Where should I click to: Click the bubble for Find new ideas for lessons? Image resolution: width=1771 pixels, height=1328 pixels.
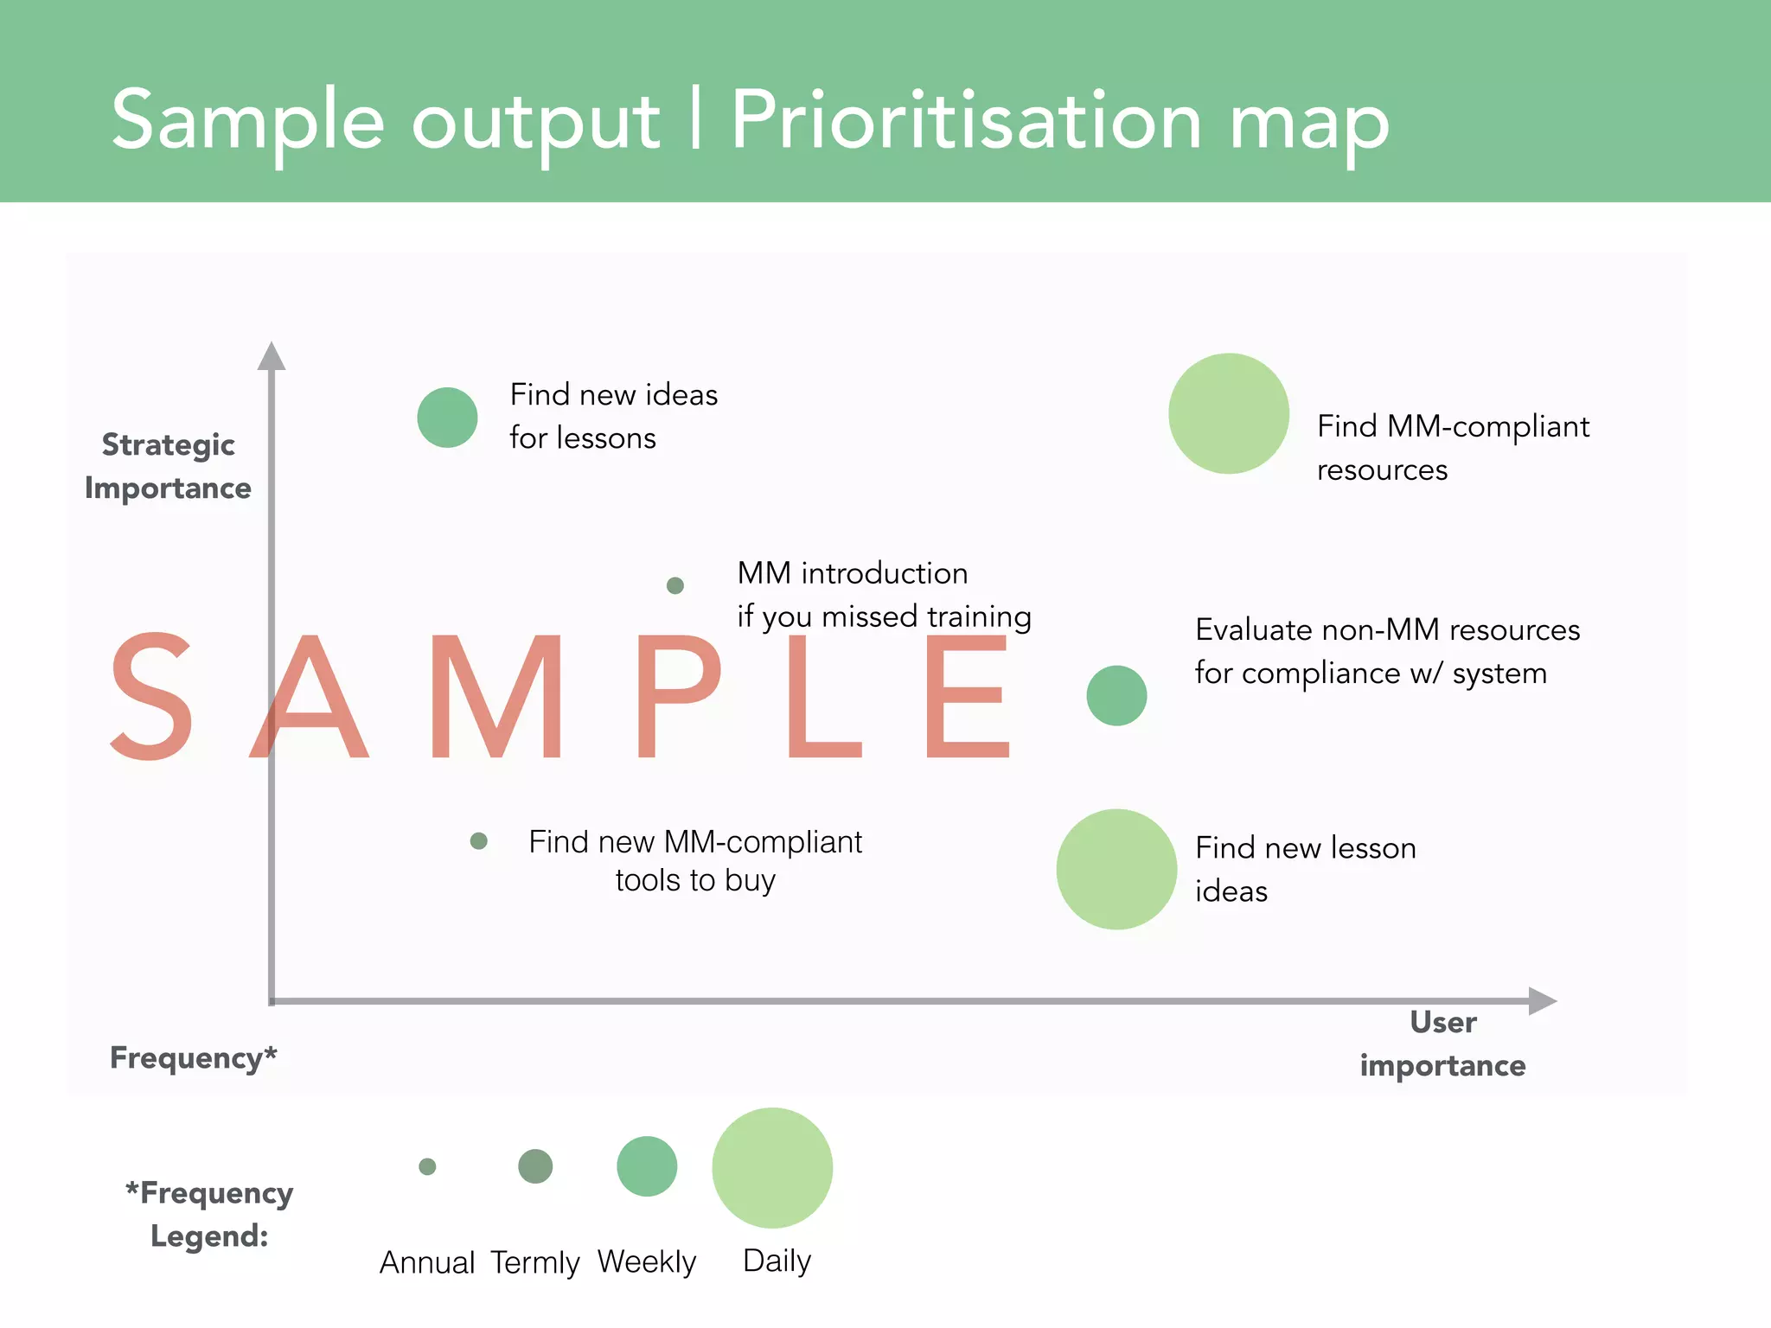447,418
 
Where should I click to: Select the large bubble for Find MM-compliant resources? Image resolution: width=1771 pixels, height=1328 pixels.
1228,413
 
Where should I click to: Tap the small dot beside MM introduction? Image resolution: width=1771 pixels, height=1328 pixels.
675,586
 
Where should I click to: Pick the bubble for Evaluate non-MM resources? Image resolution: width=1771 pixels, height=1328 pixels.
1116,695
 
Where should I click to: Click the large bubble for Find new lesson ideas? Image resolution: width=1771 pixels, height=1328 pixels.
1116,869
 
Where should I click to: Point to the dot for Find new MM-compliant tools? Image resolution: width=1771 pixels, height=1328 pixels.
478,840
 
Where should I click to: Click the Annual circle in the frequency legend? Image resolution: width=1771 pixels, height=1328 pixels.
427,1166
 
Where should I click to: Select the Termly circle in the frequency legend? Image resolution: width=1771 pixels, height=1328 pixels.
535,1166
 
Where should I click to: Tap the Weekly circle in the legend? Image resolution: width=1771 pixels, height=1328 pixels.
647,1166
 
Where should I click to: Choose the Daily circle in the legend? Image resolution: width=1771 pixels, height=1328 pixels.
772,1168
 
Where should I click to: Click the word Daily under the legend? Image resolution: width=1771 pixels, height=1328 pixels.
777,1261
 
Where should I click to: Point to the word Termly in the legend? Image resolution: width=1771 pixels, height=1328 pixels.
534,1263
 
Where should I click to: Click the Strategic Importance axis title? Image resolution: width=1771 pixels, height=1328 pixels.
168,466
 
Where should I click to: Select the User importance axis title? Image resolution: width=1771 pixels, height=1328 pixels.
1442,1044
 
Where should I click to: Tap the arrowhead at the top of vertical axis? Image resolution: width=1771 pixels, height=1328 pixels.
272,356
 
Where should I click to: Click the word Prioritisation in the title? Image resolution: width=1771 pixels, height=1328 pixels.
967,121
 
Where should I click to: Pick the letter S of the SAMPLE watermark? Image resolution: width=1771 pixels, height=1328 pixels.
152,697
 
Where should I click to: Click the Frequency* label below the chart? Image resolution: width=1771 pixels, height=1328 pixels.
193,1057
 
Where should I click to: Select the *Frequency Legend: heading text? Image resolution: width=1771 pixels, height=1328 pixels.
209,1214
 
